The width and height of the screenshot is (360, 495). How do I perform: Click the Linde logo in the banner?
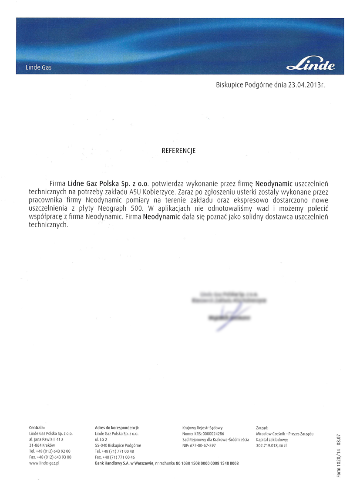tap(311, 66)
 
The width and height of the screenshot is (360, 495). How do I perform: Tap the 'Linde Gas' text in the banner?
tap(39, 68)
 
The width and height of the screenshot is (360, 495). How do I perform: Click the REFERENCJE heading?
tap(178, 151)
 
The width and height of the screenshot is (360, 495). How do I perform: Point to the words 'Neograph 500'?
tap(123, 208)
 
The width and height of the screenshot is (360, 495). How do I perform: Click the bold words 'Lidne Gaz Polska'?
tap(95, 184)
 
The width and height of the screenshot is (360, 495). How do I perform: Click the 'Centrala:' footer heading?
tap(37, 428)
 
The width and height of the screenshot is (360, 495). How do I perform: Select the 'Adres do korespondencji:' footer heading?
tap(117, 428)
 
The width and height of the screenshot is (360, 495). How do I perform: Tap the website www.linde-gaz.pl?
tap(44, 463)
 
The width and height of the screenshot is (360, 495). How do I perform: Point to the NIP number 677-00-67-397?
tap(203, 446)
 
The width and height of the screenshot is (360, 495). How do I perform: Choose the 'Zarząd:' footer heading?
tap(262, 428)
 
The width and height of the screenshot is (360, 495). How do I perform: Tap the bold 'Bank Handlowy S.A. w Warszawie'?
tap(124, 463)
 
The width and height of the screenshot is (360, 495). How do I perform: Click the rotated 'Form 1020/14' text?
tap(339, 461)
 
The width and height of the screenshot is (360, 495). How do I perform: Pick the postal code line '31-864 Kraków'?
tap(42, 446)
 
